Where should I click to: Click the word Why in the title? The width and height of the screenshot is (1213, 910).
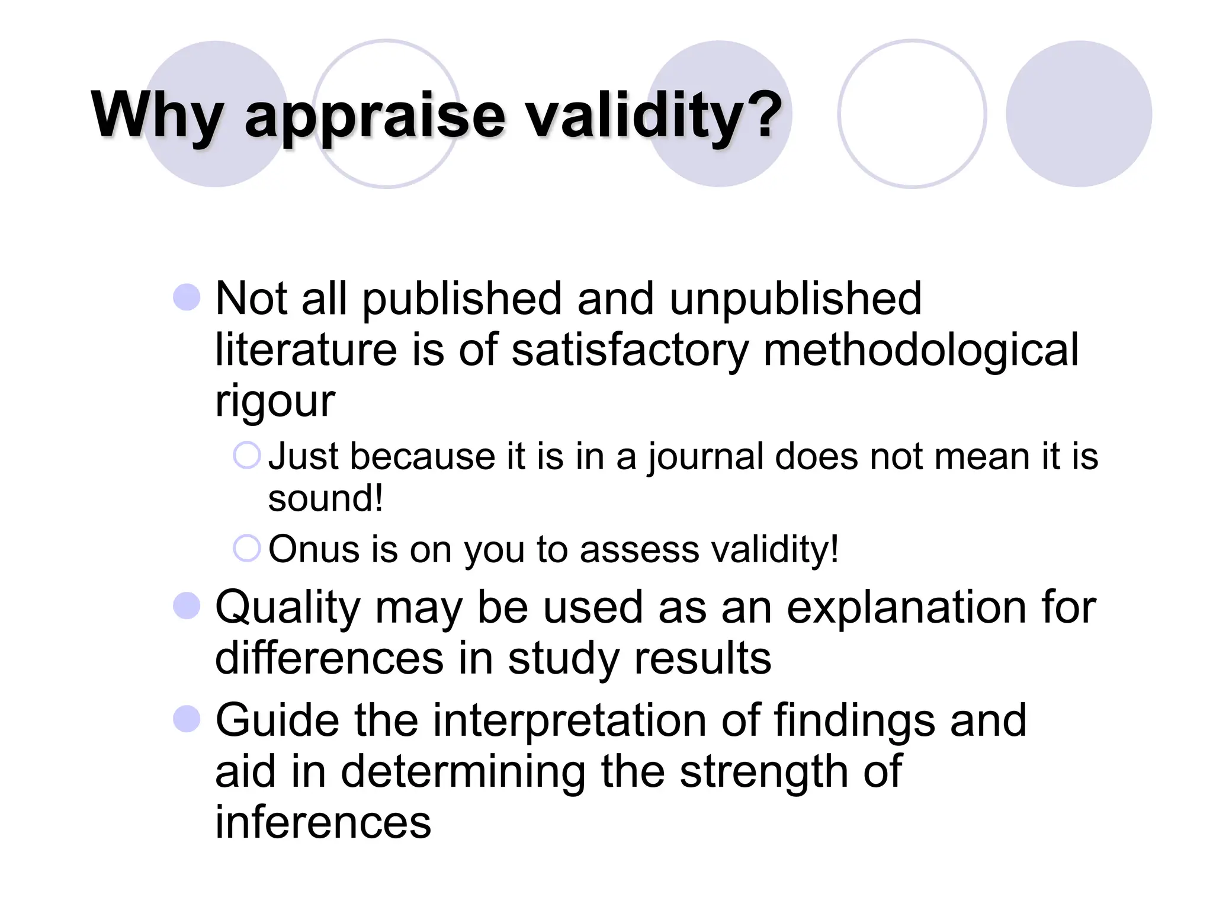158,116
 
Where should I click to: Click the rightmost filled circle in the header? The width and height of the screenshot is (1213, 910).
1079,114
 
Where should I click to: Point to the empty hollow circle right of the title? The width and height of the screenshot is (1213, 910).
912,114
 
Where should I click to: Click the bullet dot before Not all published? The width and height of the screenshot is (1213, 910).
187,297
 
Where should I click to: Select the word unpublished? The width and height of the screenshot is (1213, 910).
795,299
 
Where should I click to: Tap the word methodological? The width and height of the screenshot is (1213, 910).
921,350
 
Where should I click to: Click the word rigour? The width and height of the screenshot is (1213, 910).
275,402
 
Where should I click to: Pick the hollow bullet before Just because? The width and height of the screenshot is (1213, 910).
246,456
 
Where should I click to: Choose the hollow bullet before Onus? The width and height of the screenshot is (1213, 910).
246,548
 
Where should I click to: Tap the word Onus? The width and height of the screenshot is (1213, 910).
315,549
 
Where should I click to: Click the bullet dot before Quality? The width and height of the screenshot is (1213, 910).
187,605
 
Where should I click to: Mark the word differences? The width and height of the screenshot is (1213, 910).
329,658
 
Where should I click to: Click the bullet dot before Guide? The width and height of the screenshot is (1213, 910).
187,719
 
